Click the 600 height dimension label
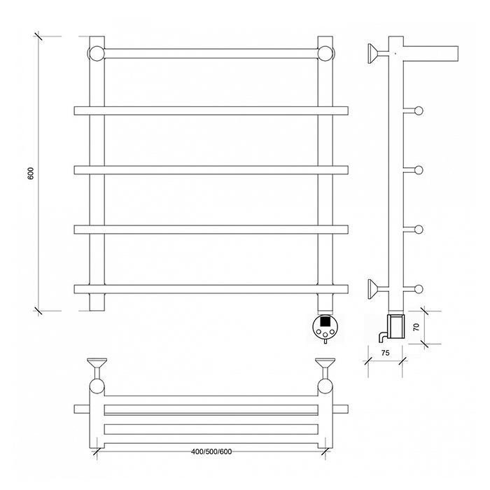click(x=30, y=173)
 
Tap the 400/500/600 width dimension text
click(x=211, y=451)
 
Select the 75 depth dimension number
click(x=385, y=353)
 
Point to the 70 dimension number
click(x=416, y=327)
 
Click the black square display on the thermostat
click(x=325, y=321)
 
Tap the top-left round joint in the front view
click(x=97, y=53)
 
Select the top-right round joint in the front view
click(x=325, y=53)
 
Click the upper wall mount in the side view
click(x=373, y=54)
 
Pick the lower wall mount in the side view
click(x=373, y=289)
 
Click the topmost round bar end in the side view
click(x=419, y=111)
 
